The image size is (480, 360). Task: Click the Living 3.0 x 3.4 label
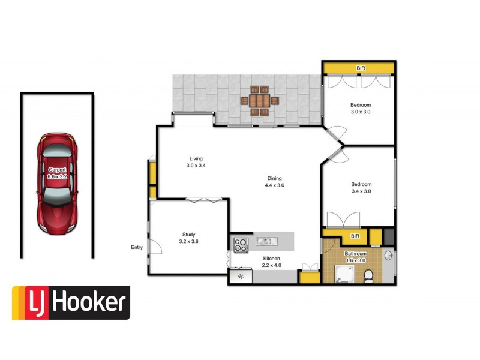(196, 162)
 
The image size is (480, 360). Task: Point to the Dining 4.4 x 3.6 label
(274, 182)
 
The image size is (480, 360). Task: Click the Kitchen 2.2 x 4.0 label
(272, 261)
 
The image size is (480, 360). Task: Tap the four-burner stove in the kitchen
(240, 244)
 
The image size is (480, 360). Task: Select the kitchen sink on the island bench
(265, 241)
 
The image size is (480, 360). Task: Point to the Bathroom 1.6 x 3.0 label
(355, 257)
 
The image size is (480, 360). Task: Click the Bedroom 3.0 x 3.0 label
(361, 108)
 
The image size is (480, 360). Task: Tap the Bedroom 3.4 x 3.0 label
(361, 188)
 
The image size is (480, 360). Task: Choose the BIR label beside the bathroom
(355, 237)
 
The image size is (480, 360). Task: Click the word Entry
(137, 247)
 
